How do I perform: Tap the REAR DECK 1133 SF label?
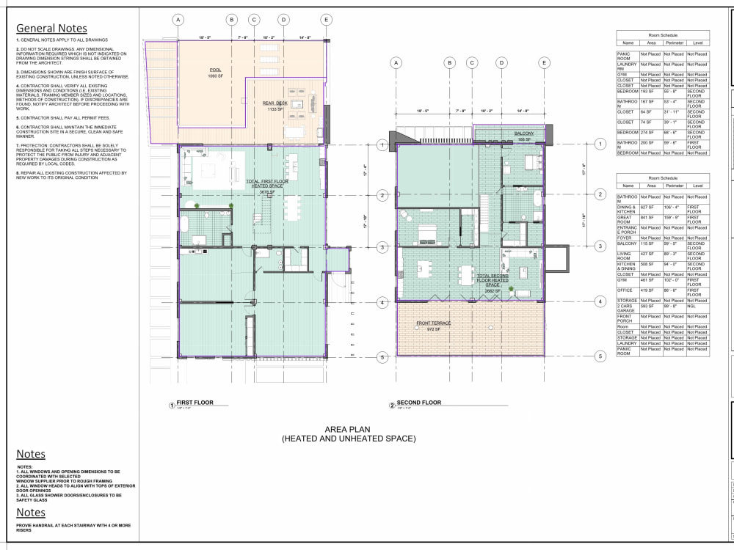pyautogui.click(x=276, y=106)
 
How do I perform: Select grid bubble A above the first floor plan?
pyautogui.click(x=178, y=20)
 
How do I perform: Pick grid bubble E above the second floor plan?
pyautogui.click(x=544, y=63)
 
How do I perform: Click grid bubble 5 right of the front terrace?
pyautogui.click(x=600, y=357)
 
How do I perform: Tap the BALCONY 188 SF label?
pyautogui.click(x=523, y=135)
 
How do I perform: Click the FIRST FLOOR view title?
pyautogui.click(x=195, y=403)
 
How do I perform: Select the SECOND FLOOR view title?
pyautogui.click(x=419, y=403)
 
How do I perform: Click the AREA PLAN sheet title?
pyautogui.click(x=349, y=434)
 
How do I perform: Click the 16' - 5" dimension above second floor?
pyautogui.click(x=422, y=111)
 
